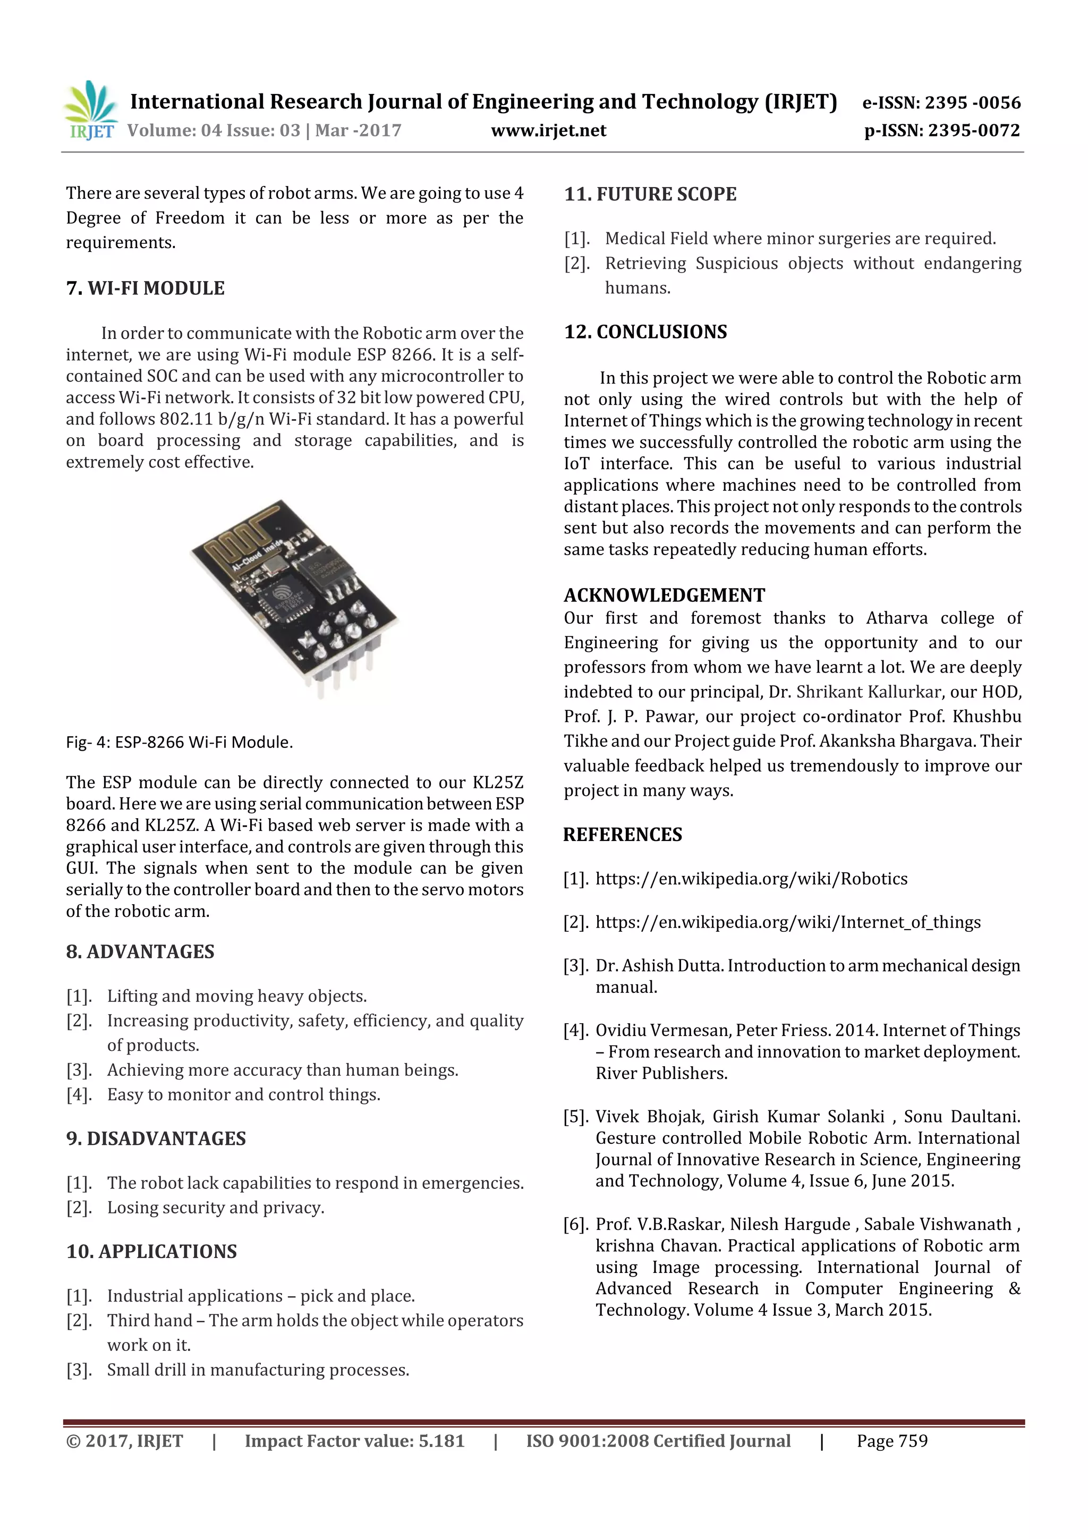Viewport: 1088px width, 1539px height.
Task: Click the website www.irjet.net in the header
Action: [548, 131]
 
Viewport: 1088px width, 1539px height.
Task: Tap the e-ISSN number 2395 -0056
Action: [972, 103]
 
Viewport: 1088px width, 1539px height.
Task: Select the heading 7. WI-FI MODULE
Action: [146, 288]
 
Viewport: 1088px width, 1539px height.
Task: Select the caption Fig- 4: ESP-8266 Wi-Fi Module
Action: [179, 742]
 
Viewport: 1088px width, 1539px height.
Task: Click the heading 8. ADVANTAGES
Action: [140, 952]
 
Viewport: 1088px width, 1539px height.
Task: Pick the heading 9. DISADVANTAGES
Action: [156, 1138]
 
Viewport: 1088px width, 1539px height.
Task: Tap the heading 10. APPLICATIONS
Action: [151, 1252]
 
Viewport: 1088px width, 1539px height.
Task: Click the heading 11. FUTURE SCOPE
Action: [650, 194]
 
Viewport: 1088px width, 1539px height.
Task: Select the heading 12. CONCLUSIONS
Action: [645, 332]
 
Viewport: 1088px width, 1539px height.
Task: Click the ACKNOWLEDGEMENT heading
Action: [664, 595]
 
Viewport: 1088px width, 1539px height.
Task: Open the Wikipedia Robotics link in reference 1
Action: [751, 879]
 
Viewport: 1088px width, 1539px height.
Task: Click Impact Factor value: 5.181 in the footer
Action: [354, 1441]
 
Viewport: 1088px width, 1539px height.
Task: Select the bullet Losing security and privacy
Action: [215, 1208]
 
